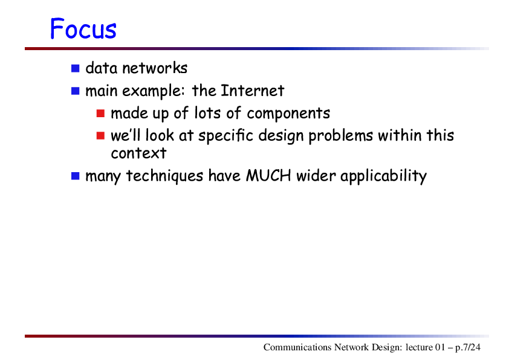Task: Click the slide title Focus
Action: click(x=83, y=28)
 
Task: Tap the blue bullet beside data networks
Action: click(x=76, y=68)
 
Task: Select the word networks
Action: click(x=155, y=68)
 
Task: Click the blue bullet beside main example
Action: click(x=76, y=91)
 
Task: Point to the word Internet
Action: click(x=252, y=91)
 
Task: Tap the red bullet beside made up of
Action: click(x=100, y=114)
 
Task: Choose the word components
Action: click(x=288, y=114)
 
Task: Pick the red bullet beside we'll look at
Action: click(x=100, y=135)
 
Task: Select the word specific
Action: click(x=225, y=135)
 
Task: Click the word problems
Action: click(x=340, y=136)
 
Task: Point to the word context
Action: click(x=138, y=153)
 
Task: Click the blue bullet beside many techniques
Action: click(x=76, y=176)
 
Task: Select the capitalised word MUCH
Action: click(x=268, y=176)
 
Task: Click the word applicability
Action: click(x=383, y=176)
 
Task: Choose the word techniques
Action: click(x=164, y=176)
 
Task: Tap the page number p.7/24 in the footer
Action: click(x=467, y=348)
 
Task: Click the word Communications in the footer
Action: click(x=297, y=347)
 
